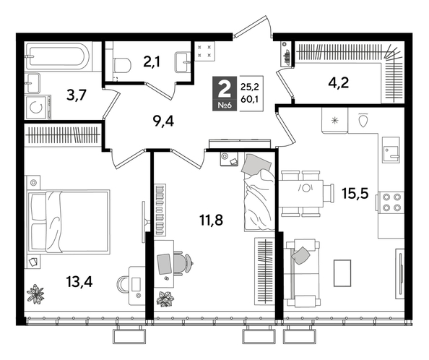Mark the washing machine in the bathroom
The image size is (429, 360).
click(36, 108)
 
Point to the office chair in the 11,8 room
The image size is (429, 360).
click(183, 262)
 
